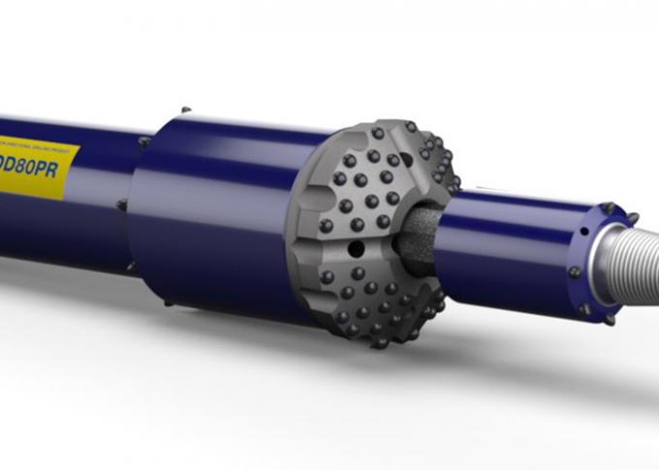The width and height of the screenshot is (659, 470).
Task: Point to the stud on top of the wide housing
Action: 185,110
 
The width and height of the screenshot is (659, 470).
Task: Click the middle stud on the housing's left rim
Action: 121,204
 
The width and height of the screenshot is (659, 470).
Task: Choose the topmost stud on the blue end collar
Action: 608,206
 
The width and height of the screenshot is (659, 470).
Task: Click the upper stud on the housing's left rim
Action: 143,141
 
